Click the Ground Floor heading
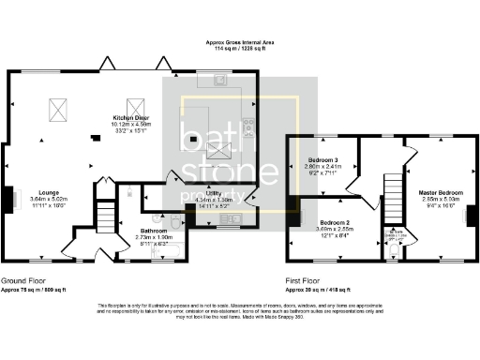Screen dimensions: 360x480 pyautogui.click(x=26, y=280)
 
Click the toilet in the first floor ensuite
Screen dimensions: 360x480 pyautogui.click(x=392, y=247)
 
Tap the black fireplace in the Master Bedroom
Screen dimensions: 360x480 pyautogui.click(x=470, y=216)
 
